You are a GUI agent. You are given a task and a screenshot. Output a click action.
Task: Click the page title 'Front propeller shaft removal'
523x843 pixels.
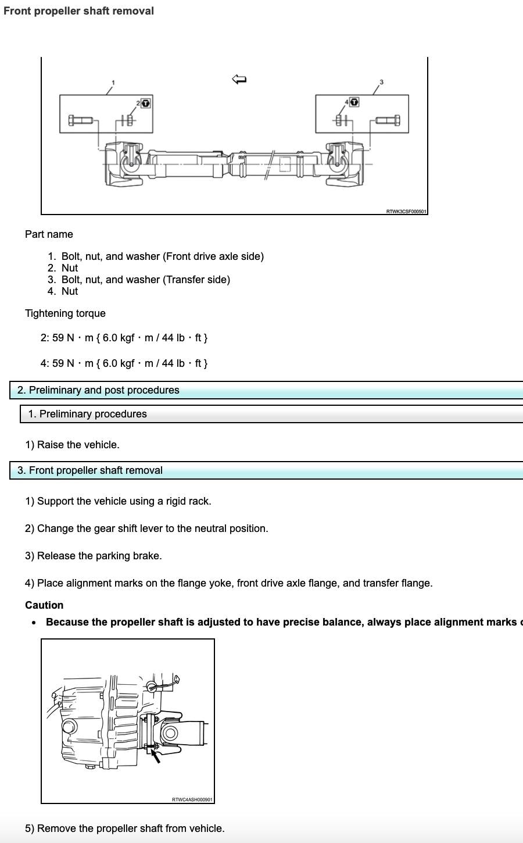[78, 11]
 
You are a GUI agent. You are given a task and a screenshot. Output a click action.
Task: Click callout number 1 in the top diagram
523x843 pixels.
[113, 83]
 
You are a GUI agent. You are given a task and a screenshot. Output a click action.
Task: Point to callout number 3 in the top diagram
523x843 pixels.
[381, 82]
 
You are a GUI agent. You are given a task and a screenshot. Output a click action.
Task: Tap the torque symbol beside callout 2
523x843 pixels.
[146, 103]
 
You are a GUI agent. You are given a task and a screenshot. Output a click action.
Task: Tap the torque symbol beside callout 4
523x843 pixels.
[354, 102]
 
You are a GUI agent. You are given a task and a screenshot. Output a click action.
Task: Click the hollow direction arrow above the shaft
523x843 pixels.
[239, 79]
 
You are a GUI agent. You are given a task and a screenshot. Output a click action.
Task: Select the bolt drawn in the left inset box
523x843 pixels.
[80, 120]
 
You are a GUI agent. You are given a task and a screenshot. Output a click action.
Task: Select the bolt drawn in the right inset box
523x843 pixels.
[388, 120]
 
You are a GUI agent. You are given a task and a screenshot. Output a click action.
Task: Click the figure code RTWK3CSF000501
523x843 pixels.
[406, 211]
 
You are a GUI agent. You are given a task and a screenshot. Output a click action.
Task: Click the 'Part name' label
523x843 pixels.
[49, 234]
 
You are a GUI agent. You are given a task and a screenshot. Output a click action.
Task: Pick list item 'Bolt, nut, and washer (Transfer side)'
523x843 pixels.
[145, 280]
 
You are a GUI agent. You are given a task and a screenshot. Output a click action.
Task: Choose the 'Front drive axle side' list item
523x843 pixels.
[162, 256]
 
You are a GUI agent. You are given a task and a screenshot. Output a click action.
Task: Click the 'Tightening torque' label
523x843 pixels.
[65, 313]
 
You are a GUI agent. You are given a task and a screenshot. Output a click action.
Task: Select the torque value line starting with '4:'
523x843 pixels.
[124, 363]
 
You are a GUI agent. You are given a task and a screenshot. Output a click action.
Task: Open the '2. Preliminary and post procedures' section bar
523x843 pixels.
[98, 390]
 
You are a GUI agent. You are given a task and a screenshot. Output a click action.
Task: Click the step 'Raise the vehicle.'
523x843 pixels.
[72, 445]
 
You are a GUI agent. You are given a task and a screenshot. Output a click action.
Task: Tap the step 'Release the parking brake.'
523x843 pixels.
[93, 556]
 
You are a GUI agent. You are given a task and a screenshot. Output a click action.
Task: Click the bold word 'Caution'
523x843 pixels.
[44, 605]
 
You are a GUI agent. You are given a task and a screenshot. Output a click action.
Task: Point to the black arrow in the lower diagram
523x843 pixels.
[155, 755]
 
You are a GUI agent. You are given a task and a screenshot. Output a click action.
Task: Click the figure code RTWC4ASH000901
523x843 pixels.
[192, 799]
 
